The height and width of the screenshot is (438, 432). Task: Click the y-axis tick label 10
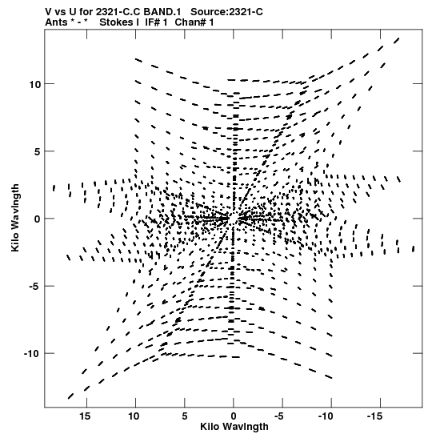click(34, 84)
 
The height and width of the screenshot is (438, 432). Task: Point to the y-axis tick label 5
click(38, 151)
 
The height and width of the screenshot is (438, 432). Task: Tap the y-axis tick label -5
click(34, 287)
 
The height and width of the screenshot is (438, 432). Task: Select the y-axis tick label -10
click(31, 354)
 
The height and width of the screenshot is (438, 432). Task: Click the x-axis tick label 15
click(85, 416)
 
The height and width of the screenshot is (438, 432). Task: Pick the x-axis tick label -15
click(374, 416)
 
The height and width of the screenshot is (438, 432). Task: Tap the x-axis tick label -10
click(326, 416)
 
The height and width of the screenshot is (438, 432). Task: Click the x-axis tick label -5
click(278, 416)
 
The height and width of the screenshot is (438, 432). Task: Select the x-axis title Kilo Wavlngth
click(234, 427)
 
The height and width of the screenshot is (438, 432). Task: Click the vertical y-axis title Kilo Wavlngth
click(15, 218)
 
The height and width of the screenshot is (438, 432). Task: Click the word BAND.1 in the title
click(162, 12)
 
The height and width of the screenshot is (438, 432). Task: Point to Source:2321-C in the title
click(226, 12)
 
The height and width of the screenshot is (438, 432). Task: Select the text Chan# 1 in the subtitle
click(194, 22)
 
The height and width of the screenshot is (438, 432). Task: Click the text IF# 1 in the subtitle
click(156, 22)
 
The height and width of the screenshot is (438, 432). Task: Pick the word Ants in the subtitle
click(56, 22)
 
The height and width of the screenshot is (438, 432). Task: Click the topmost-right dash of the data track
click(397, 41)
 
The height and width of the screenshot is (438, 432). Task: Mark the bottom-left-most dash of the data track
click(70, 396)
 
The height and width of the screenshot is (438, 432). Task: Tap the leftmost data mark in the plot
click(54, 188)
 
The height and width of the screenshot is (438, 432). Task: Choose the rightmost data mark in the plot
click(414, 248)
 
